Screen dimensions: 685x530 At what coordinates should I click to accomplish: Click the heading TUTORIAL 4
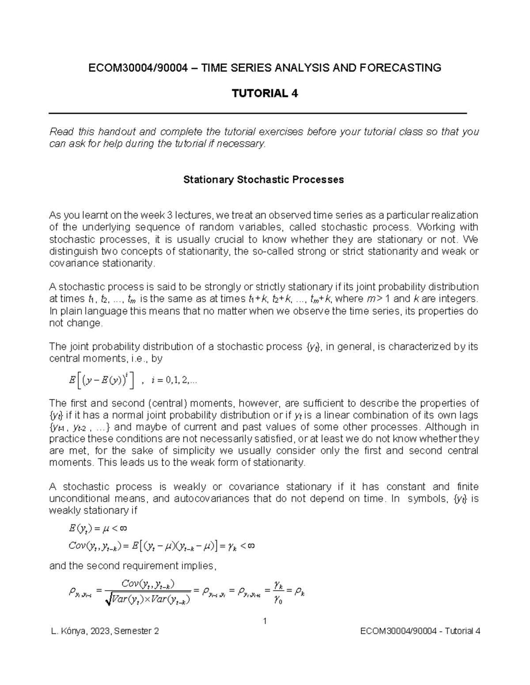[265, 94]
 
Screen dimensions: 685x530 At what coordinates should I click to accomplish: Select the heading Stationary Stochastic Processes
[263, 180]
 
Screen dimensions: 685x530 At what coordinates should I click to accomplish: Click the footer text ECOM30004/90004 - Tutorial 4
[420, 631]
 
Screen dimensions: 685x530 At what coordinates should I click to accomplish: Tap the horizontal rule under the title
[257, 113]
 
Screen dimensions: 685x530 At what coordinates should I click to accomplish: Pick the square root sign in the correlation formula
[108, 600]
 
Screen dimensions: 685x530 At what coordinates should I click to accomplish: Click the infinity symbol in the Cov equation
[250, 546]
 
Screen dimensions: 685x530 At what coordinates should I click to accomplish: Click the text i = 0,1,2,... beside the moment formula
[174, 381]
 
